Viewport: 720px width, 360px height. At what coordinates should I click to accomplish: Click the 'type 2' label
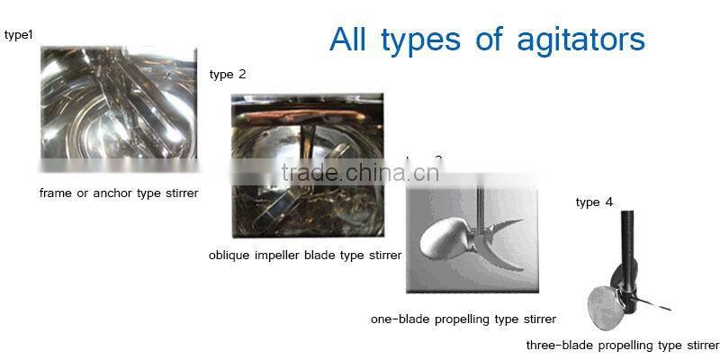[228, 74]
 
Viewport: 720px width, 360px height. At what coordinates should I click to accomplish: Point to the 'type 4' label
[594, 202]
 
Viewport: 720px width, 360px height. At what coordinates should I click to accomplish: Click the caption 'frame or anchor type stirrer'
[119, 193]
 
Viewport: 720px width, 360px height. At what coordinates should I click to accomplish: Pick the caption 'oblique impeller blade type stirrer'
[305, 256]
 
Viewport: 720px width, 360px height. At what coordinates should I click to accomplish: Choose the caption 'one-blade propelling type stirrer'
[463, 319]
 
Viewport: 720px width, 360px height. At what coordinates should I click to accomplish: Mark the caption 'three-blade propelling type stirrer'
[623, 346]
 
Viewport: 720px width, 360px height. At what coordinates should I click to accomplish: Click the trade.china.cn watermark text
[360, 174]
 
